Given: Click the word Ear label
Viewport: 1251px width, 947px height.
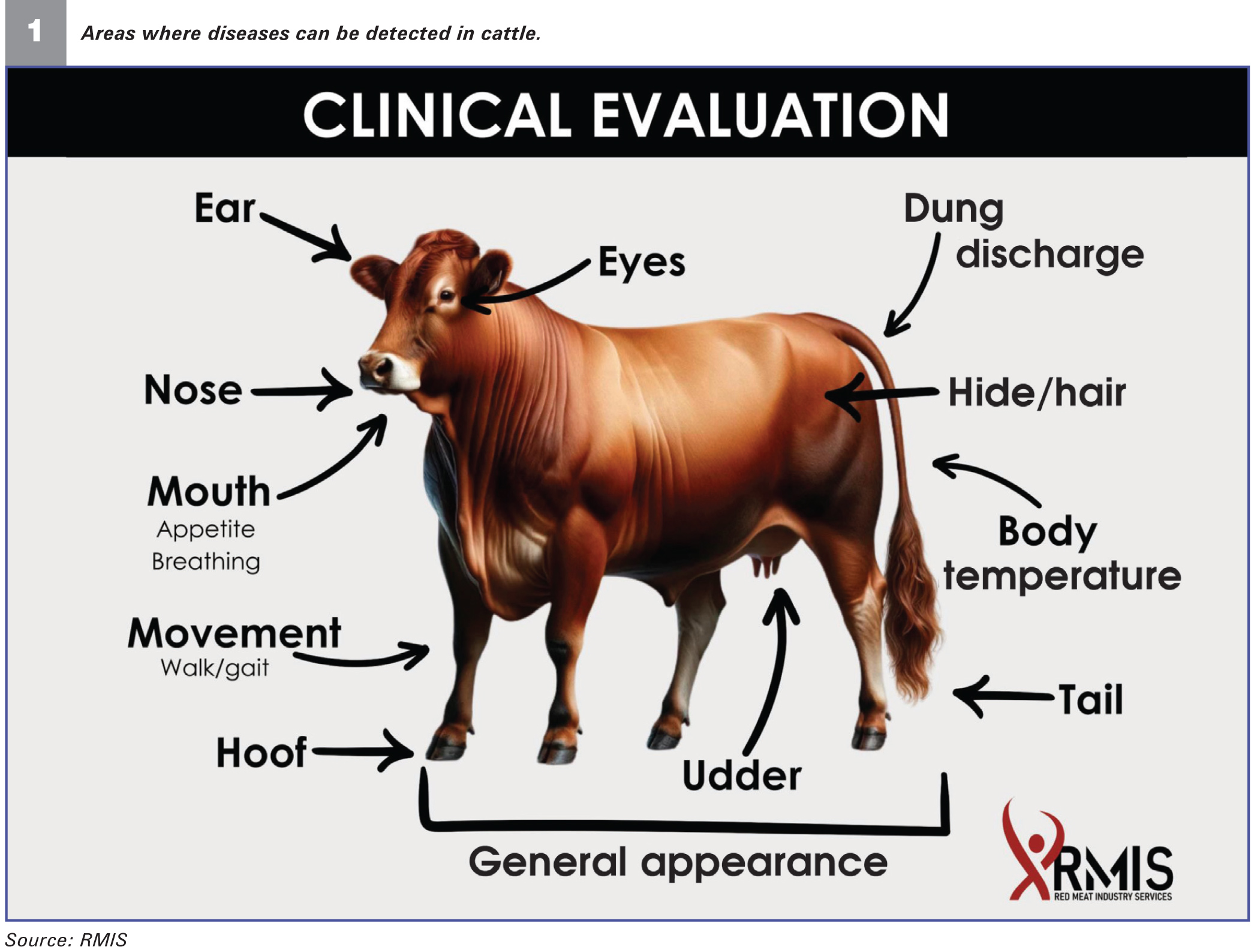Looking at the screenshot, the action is point(225,208).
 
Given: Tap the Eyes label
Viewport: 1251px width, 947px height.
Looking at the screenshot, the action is point(642,263).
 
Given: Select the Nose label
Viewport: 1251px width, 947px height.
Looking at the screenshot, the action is point(193,390).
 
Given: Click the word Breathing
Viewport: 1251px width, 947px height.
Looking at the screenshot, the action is point(206,562).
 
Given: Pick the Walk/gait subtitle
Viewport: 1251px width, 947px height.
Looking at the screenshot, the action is point(214,668).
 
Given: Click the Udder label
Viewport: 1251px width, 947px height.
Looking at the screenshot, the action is point(742,775).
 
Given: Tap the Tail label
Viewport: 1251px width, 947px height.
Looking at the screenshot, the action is point(1091,699).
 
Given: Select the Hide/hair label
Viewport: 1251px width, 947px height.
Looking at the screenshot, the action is point(1037,393).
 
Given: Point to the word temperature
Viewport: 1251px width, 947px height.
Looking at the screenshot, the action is point(1062,576).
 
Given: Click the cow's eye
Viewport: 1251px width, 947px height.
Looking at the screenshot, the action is point(447,294).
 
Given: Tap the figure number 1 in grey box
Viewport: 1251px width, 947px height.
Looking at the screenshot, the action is point(35,31).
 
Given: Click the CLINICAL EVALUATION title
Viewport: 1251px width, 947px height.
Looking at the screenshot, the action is point(625,115).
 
